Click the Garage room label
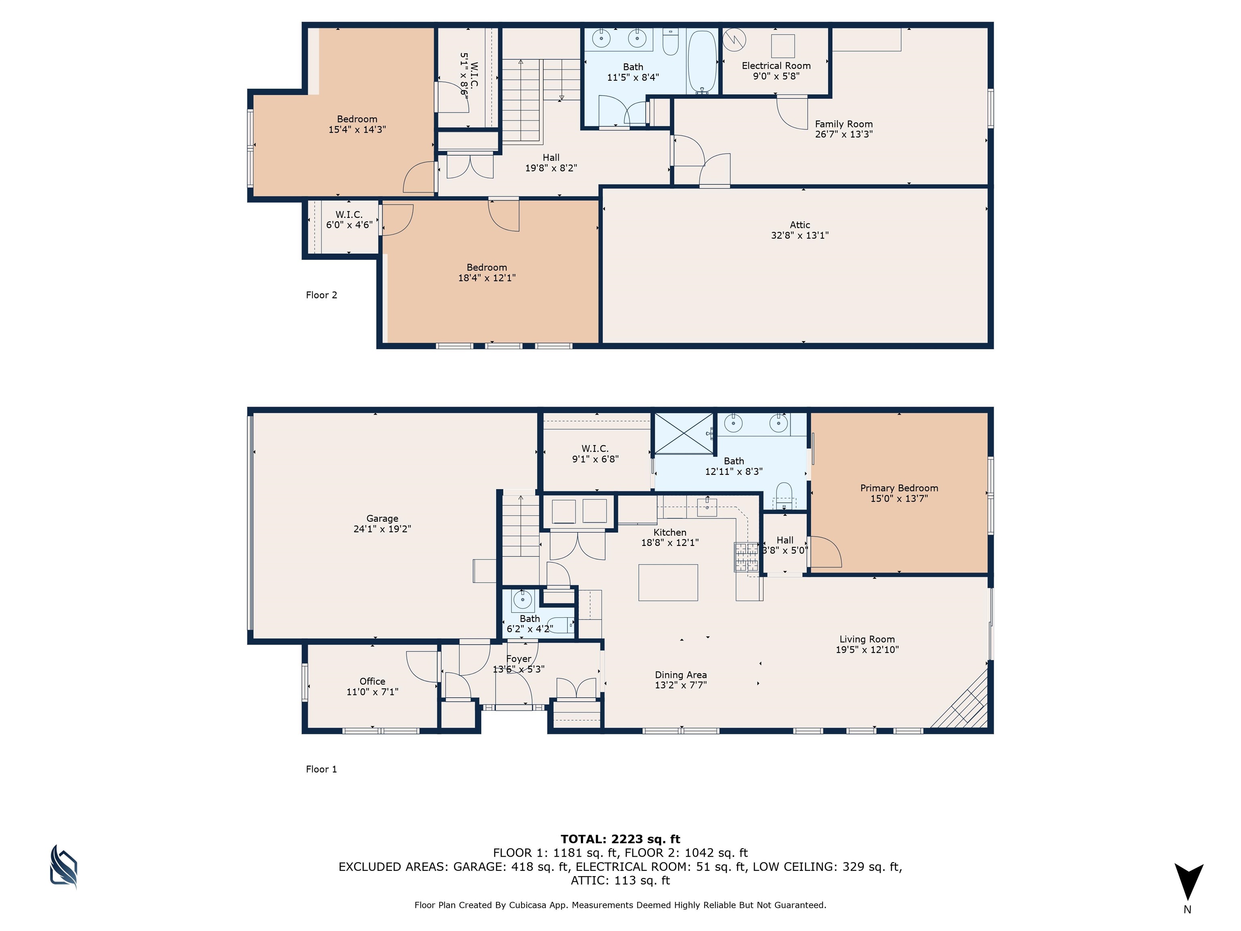point(382,518)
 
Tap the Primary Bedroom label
point(899,488)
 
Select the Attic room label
point(799,225)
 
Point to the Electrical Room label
point(776,65)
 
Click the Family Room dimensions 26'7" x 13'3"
point(844,135)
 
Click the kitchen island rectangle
point(668,583)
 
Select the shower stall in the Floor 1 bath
point(684,433)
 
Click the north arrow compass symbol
point(1188,882)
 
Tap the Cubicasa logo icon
point(63,867)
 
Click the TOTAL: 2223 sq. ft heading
point(620,840)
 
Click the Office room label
point(372,681)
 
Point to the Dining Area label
point(681,675)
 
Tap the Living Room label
point(867,639)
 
